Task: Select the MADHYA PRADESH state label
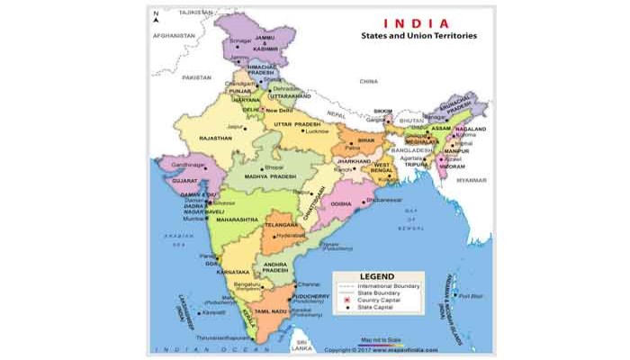click(x=271, y=176)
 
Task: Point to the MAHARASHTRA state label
click(x=237, y=219)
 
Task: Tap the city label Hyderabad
click(x=291, y=234)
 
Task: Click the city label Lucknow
click(x=317, y=131)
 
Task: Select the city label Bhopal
click(x=274, y=167)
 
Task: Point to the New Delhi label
click(x=279, y=111)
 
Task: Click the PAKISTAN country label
click(x=196, y=78)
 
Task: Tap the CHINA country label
click(x=368, y=81)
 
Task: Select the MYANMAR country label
click(x=471, y=180)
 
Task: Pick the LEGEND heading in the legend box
click(x=377, y=276)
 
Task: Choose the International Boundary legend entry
click(x=389, y=284)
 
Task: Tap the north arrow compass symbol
click(x=156, y=18)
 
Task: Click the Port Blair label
click(x=470, y=295)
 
